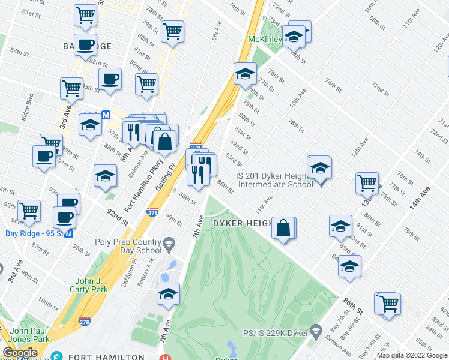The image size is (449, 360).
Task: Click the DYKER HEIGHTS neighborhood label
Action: tap(247, 223)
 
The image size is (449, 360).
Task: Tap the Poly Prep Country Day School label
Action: tap(128, 246)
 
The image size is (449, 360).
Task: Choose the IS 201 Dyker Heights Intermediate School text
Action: tap(275, 180)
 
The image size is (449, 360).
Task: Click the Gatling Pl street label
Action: tap(166, 177)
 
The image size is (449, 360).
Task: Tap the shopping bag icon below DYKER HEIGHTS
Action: tap(284, 228)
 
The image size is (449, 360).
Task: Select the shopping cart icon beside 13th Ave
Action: tap(367, 182)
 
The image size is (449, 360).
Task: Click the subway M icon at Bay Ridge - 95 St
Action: tap(70, 233)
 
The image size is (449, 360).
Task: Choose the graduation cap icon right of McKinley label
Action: tap(295, 35)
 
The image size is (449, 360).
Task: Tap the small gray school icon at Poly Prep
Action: tap(169, 243)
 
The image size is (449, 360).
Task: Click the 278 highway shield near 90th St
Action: tap(152, 212)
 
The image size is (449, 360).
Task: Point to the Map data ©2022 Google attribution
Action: tap(412, 355)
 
